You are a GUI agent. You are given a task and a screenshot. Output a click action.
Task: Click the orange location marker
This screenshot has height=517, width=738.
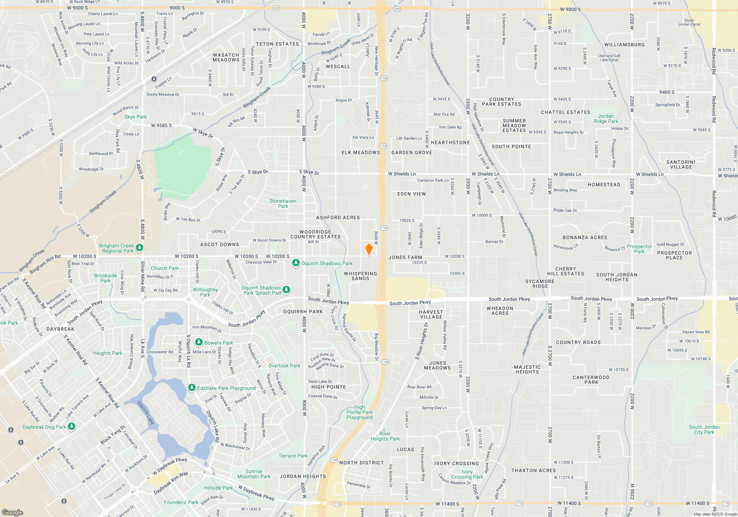[x=369, y=249]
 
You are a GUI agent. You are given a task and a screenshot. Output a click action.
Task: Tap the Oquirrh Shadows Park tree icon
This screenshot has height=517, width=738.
[x=296, y=263]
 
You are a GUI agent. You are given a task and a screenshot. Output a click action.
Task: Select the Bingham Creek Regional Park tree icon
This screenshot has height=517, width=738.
[x=139, y=247]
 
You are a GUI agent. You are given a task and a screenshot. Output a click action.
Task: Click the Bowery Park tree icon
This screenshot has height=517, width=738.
[x=199, y=342]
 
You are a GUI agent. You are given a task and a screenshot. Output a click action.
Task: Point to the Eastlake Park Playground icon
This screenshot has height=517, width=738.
[x=192, y=387]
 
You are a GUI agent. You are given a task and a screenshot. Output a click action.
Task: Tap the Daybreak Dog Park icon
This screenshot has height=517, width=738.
[x=72, y=426]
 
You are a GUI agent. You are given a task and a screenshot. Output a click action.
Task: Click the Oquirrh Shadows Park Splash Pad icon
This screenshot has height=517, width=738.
[x=286, y=290]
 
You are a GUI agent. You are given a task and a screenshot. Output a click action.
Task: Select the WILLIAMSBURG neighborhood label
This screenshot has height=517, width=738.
[x=624, y=45]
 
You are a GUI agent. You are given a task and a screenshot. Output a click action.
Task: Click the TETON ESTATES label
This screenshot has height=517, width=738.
[x=277, y=44]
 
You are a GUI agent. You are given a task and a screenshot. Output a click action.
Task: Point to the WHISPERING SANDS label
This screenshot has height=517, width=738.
[x=361, y=276]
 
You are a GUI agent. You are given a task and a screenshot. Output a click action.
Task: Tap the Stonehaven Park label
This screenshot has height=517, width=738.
[x=283, y=203]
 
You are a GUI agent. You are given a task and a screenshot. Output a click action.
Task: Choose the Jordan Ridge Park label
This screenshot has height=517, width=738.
[x=606, y=119]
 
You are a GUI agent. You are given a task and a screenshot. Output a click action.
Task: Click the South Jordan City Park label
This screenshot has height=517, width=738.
[x=704, y=429]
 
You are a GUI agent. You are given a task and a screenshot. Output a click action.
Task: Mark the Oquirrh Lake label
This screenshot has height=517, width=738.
[x=145, y=412]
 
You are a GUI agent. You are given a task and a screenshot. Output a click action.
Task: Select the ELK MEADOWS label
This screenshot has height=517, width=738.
[x=361, y=153]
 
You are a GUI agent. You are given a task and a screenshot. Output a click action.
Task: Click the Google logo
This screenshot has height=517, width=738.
[x=13, y=512]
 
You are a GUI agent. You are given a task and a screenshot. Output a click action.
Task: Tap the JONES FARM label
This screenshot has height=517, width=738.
[x=405, y=257]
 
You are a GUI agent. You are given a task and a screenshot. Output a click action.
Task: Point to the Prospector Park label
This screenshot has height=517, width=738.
[x=639, y=249]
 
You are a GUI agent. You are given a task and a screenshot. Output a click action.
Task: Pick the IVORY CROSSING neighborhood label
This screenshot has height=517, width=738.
[x=456, y=463]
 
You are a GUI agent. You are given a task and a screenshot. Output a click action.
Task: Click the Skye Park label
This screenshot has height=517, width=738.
[x=135, y=117]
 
